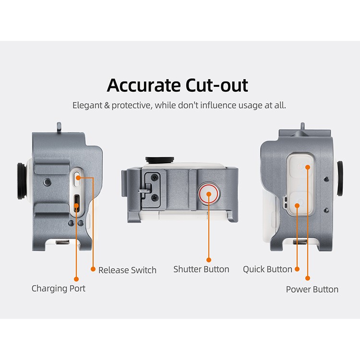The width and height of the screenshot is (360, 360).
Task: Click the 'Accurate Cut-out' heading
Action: click(177, 85)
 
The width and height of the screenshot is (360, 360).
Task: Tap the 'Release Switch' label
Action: click(127, 270)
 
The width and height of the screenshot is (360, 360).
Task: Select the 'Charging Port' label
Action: click(58, 288)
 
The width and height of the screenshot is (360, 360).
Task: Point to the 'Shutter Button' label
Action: click(201, 269)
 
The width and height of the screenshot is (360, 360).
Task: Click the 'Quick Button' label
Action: click(267, 269)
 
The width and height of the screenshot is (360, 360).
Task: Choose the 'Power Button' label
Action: click(312, 289)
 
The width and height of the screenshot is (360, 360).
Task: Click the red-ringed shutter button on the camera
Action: click(208, 193)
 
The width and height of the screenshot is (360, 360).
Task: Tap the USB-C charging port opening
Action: click(76, 204)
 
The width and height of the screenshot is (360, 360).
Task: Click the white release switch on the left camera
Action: click(77, 179)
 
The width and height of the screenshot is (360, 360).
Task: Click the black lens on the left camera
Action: click(21, 181)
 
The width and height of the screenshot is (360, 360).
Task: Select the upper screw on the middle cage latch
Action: click(155, 177)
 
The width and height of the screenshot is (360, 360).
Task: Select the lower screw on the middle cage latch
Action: click(155, 197)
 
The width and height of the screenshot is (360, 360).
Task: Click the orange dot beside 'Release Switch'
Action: click(93, 269)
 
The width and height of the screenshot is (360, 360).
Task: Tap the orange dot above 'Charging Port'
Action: click(76, 279)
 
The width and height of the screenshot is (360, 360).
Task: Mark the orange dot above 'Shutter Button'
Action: click(209, 260)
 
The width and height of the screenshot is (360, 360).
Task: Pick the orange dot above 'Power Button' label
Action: click(308, 278)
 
